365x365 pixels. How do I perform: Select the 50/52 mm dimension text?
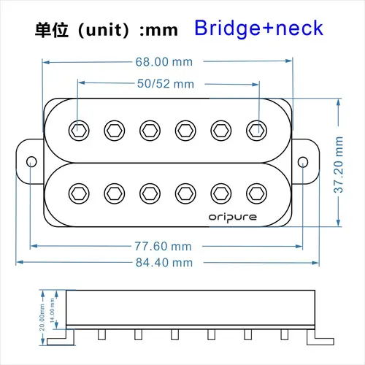(x=166, y=83)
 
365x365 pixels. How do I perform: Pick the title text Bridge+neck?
(x=258, y=28)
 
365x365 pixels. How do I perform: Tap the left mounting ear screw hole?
(x=32, y=161)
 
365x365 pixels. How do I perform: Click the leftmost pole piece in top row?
(x=79, y=130)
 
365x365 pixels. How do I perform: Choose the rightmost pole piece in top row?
(x=255, y=130)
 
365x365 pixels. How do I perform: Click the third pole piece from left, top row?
(x=150, y=130)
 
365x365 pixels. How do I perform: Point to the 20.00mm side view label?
(x=43, y=316)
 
